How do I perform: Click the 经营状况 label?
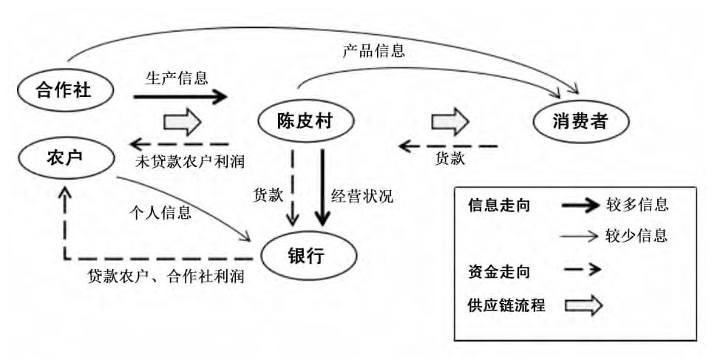point(362,196)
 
